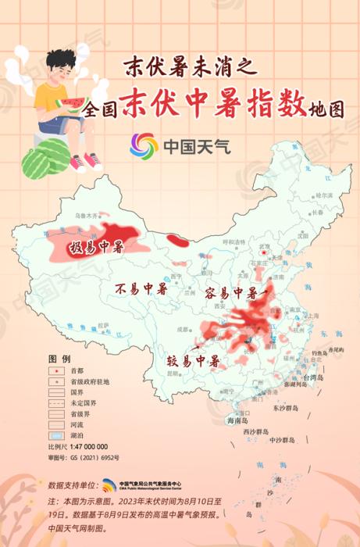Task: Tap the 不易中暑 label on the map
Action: pyautogui.click(x=141, y=289)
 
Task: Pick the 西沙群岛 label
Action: pyautogui.click(x=255, y=431)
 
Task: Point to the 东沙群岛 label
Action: pyautogui.click(x=287, y=407)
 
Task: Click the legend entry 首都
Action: pyautogui.click(x=77, y=370)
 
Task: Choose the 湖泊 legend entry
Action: pyautogui.click(x=77, y=435)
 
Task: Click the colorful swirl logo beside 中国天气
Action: pyautogui.click(x=144, y=145)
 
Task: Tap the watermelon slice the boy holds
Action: pyautogui.click(x=73, y=105)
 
